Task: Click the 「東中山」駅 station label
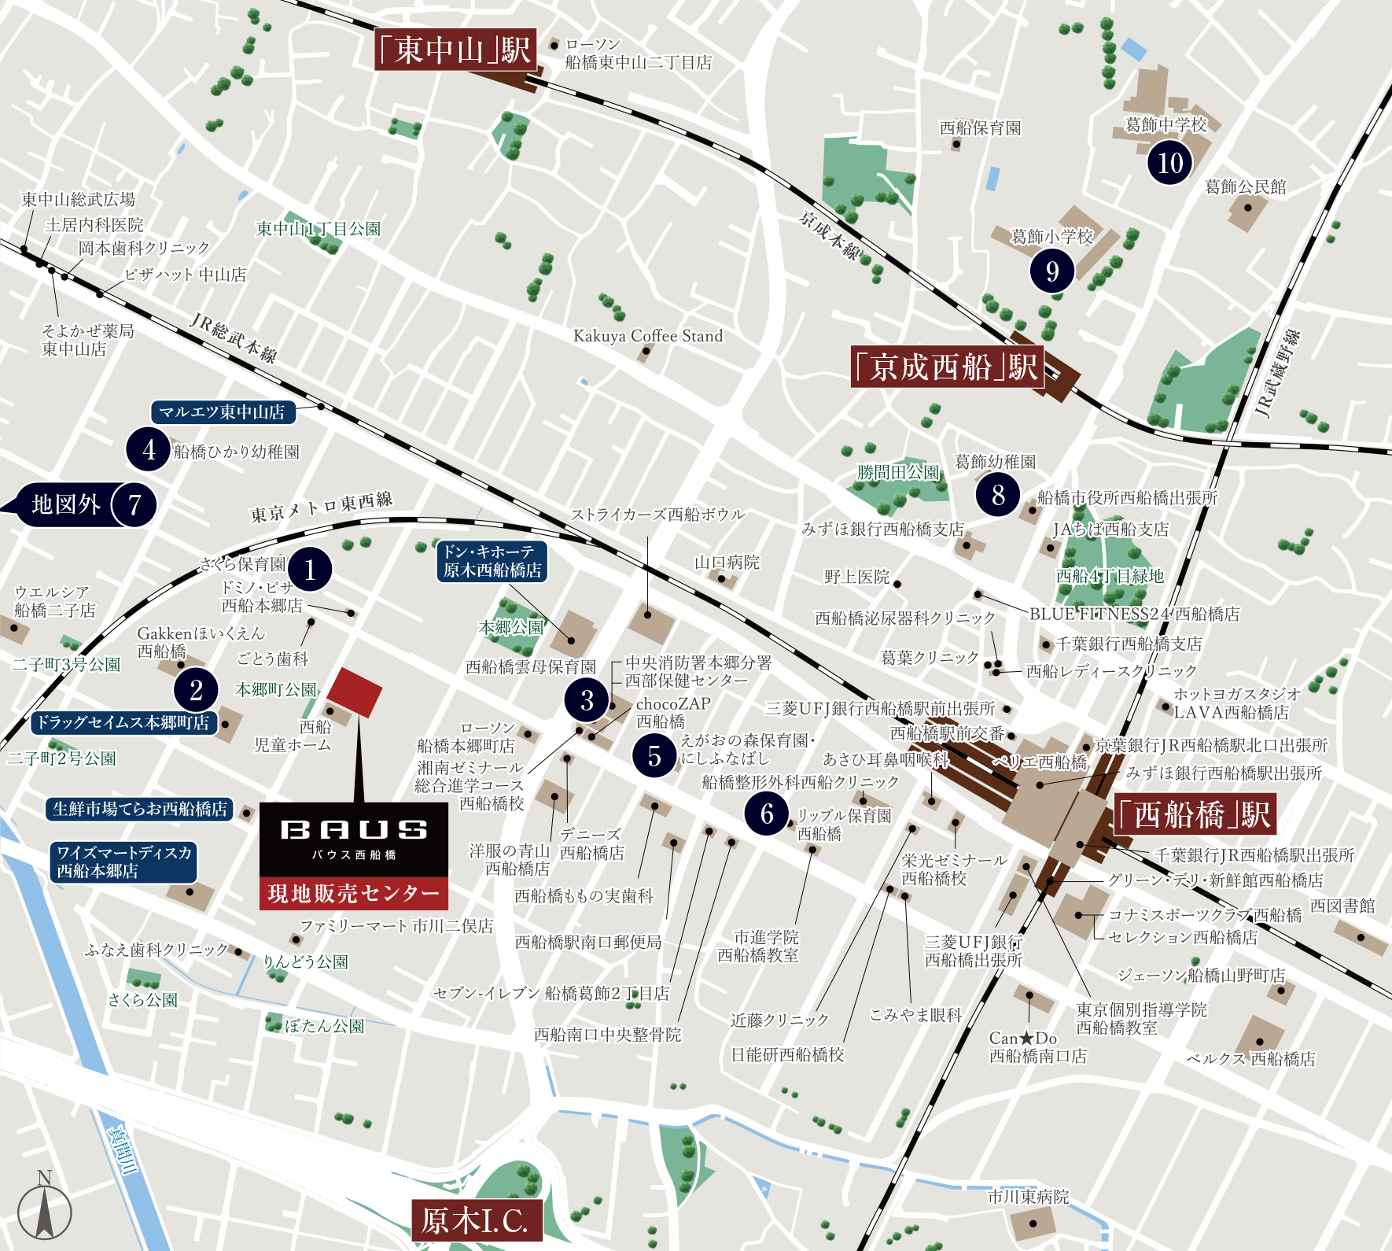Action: (455, 50)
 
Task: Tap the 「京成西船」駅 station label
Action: (947, 367)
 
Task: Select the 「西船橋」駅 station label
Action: (1194, 815)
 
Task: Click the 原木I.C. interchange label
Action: (476, 1220)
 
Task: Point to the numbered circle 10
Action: (1169, 163)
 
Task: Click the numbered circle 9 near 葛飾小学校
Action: (1052, 271)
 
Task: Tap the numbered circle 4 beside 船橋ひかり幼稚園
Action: (149, 450)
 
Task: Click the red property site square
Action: (354, 692)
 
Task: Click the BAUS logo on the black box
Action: (354, 830)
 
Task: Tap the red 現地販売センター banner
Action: (354, 894)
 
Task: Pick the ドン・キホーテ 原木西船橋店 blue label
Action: (492, 562)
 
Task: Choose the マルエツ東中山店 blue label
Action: (223, 412)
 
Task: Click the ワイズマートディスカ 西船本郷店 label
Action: (124, 862)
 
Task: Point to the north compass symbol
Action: (45, 1211)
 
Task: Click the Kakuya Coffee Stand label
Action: (647, 336)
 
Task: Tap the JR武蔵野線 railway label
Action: (1277, 373)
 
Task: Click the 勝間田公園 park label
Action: (898, 472)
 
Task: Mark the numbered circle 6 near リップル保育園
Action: (767, 814)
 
